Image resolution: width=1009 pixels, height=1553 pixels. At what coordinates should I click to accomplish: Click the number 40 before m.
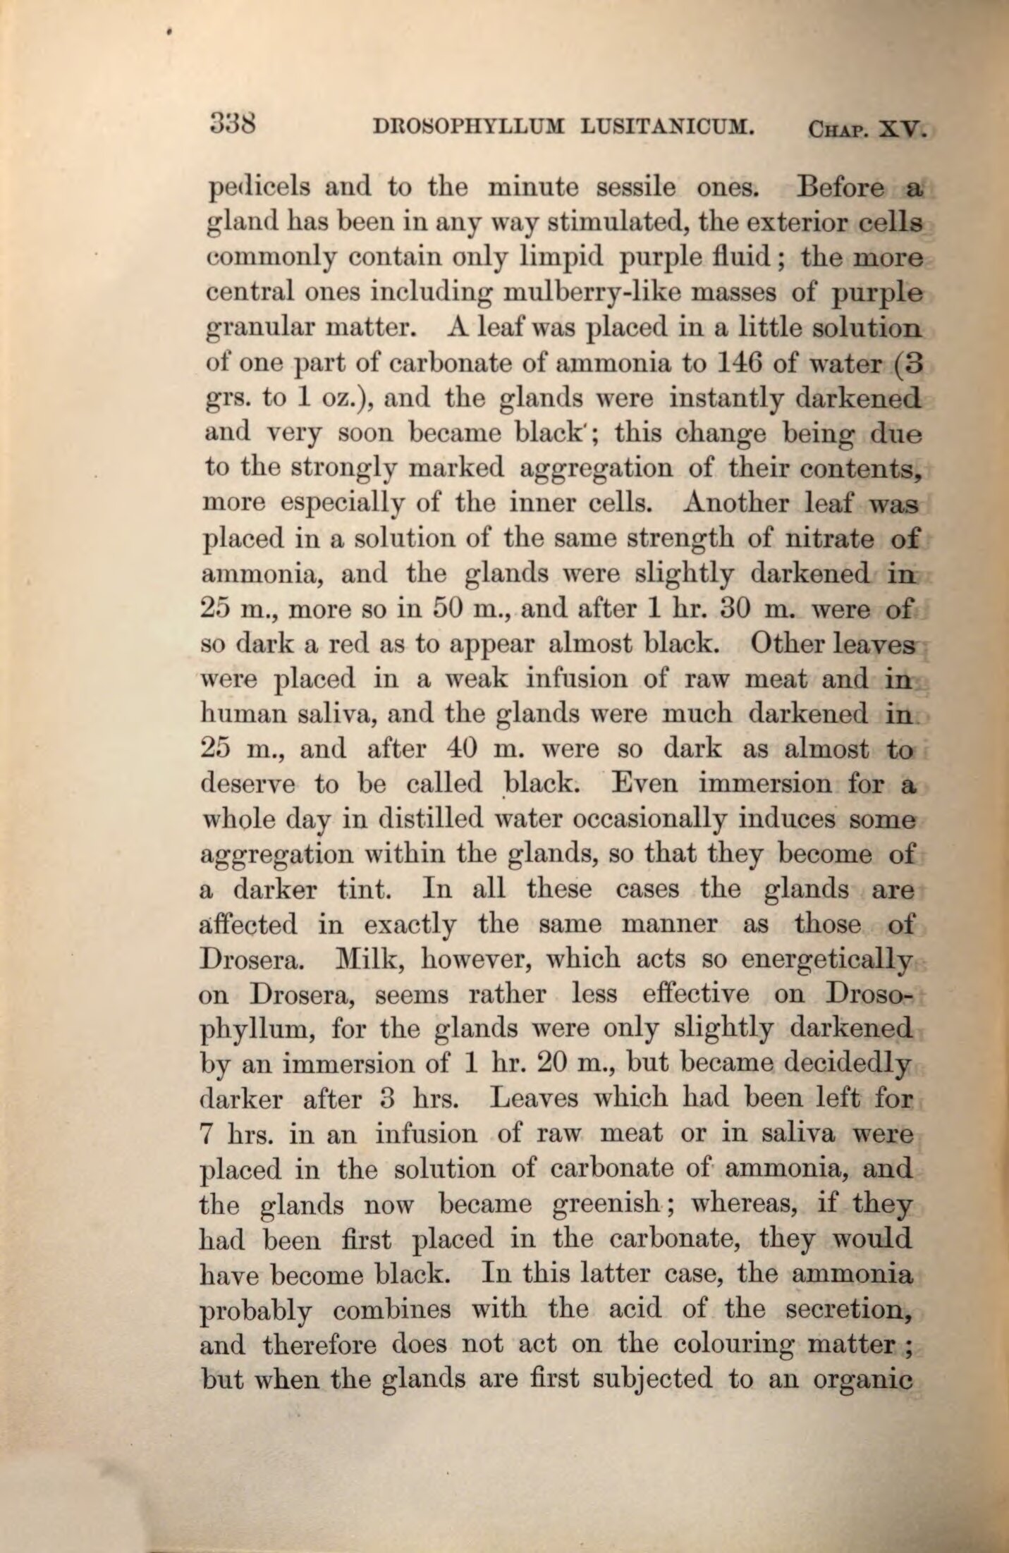pyautogui.click(x=466, y=748)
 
